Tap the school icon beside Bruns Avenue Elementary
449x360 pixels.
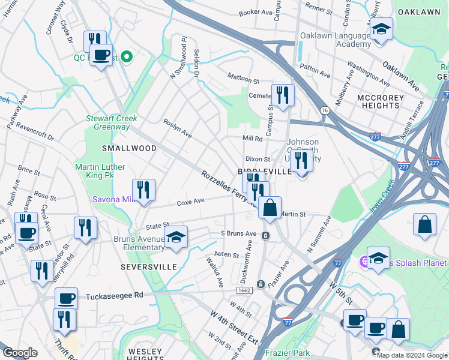tap(176, 238)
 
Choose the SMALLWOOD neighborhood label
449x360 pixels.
tap(129, 148)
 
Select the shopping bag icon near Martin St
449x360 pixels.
tap(270, 209)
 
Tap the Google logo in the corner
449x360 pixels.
tap(20, 353)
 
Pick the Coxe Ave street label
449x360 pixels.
tap(191, 202)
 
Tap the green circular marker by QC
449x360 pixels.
tap(127, 58)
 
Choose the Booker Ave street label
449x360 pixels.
tap(256, 12)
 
